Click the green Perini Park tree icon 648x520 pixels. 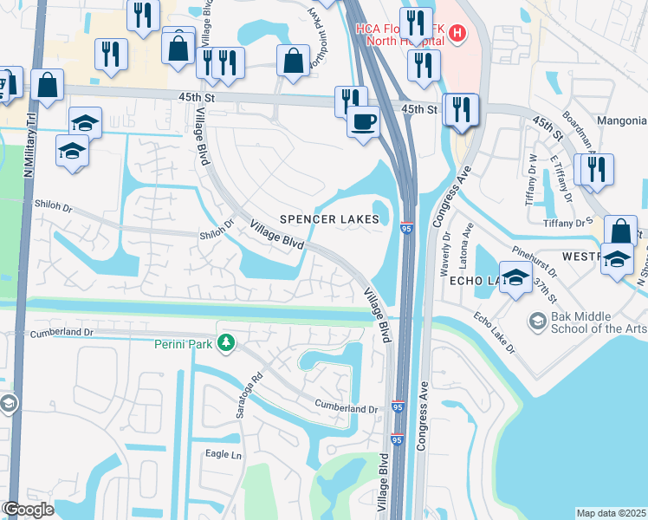pyautogui.click(x=225, y=344)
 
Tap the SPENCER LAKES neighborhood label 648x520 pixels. pyautogui.click(x=330, y=220)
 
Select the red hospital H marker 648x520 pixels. pyautogui.click(x=457, y=34)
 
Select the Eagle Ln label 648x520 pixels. pyautogui.click(x=222, y=453)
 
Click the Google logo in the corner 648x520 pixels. pyautogui.click(x=28, y=510)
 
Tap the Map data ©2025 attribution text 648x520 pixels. pyautogui.click(x=611, y=513)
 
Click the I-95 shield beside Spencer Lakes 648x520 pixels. pyautogui.click(x=406, y=228)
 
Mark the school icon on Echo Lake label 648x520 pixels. pyautogui.click(x=515, y=279)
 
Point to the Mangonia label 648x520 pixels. pyautogui.click(x=620, y=120)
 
